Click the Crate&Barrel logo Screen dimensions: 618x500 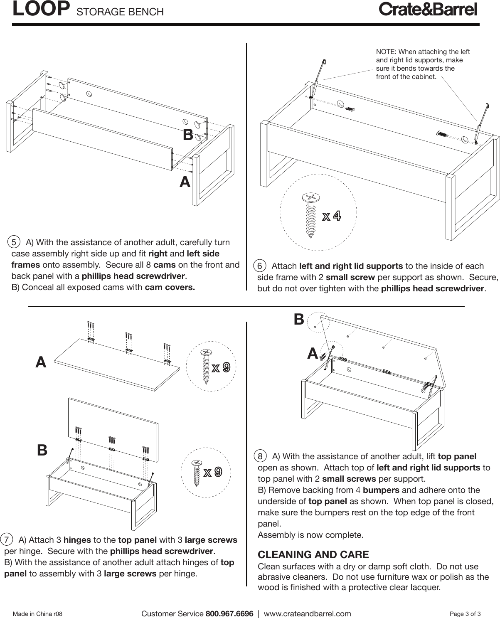point(428,10)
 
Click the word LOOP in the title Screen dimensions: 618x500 point(41,9)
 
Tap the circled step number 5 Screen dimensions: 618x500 point(14,242)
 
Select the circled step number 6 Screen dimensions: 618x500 point(260,266)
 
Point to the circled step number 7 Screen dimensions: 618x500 point(7,540)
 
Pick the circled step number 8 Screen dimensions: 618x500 point(260,456)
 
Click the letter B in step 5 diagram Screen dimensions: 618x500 point(188,135)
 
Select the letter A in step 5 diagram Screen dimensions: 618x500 point(185,182)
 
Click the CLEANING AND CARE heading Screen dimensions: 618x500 point(313,554)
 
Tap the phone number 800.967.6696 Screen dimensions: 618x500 point(229,613)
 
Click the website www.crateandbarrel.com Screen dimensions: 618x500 point(307,613)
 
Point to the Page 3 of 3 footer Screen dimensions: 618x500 point(466,614)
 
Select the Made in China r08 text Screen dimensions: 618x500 point(38,614)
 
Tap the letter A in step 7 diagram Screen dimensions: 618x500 point(41,362)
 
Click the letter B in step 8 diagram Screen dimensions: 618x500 point(299,319)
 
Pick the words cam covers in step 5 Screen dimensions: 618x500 point(170,288)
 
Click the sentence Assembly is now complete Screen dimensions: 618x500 point(310,534)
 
